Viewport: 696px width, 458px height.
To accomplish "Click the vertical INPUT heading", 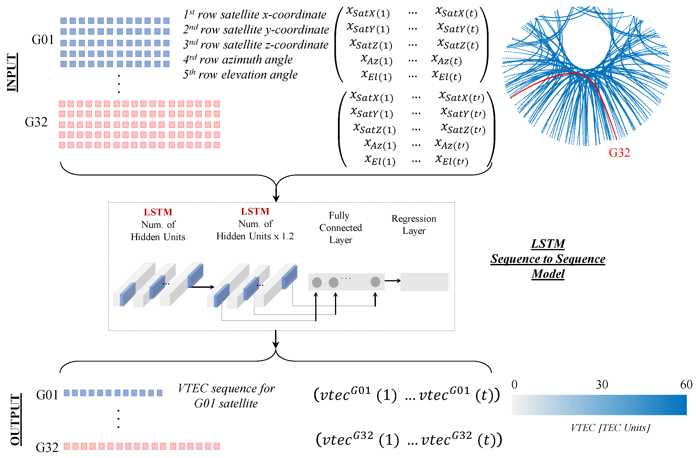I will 12,72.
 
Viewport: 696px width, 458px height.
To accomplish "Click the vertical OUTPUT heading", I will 15,419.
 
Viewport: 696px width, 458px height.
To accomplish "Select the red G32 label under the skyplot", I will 619,152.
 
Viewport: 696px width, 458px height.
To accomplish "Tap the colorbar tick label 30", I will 602,384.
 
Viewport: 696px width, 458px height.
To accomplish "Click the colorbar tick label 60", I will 686,384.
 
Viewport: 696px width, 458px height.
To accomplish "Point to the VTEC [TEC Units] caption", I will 610,428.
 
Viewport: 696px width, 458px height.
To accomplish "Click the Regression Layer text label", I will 414,224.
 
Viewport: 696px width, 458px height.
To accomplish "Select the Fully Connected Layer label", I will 340,228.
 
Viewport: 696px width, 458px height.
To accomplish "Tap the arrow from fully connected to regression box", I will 392,281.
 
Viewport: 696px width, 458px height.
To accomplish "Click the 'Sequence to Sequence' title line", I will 548,259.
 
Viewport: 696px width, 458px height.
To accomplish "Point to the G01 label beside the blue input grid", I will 43,40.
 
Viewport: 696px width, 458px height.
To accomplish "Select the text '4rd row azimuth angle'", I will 238,60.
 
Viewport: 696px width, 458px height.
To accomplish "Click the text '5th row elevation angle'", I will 240,75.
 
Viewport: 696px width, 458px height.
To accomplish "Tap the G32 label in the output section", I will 47,447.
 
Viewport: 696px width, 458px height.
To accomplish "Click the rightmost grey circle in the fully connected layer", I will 375,282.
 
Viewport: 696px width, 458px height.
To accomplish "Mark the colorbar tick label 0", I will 514,384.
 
